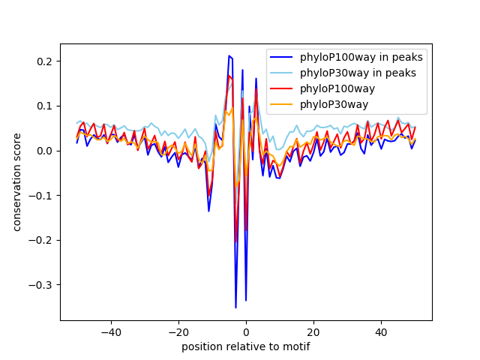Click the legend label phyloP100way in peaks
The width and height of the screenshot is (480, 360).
pyautogui.click(x=361, y=57)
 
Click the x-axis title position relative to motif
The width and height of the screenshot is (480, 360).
pyautogui.click(x=246, y=347)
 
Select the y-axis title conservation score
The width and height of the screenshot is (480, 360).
pyautogui.click(x=16, y=182)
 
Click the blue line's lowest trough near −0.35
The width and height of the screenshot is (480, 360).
pyautogui.click(x=235, y=307)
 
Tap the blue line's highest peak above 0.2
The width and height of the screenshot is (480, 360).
pyautogui.click(x=229, y=55)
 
